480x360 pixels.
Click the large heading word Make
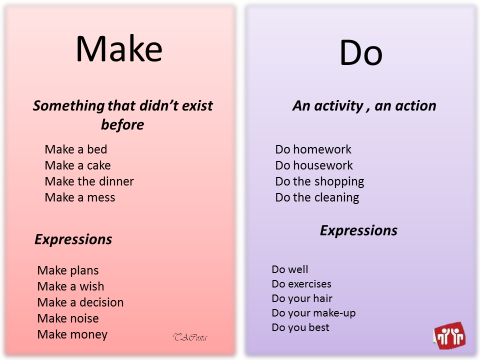tap(119, 49)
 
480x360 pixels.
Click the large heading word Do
tap(360, 53)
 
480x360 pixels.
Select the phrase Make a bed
tap(76, 149)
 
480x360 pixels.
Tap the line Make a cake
tap(77, 165)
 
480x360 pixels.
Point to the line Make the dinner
tap(89, 181)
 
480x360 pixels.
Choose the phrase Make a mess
tap(80, 197)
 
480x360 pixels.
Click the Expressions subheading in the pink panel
tap(73, 239)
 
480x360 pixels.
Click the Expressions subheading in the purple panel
tap(358, 230)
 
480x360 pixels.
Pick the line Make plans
tap(68, 270)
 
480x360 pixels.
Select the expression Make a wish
tap(70, 286)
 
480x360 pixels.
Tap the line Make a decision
tap(80, 302)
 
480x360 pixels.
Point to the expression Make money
tap(72, 334)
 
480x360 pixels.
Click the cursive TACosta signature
tap(190, 337)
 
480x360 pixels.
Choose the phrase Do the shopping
tap(319, 181)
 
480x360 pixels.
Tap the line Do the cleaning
tap(317, 197)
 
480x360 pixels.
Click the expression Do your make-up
tap(313, 313)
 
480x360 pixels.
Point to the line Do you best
tap(300, 327)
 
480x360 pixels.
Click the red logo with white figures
tap(449, 335)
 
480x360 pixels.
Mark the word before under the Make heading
tap(122, 124)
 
